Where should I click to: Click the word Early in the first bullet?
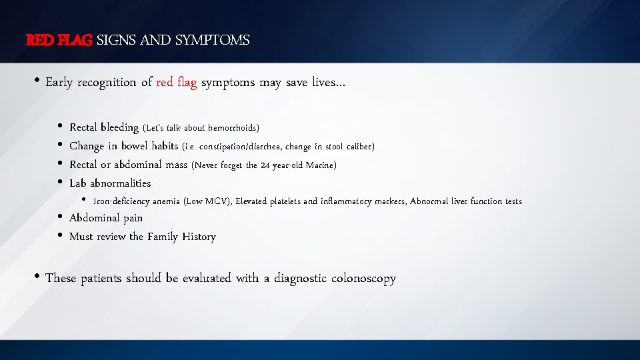(x=59, y=83)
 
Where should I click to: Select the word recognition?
(x=107, y=83)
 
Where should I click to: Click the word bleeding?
(x=119, y=127)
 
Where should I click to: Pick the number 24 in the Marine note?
(x=265, y=165)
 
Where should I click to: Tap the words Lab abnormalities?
(x=110, y=183)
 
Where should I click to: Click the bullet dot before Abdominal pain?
(x=60, y=217)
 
